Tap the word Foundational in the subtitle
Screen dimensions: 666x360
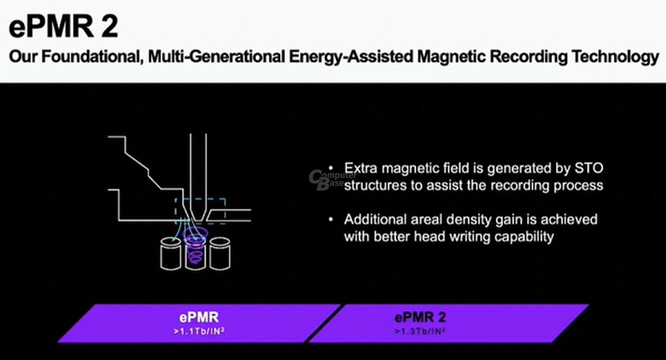point(90,56)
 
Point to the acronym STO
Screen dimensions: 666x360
point(589,168)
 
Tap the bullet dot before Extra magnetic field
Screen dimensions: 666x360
point(331,169)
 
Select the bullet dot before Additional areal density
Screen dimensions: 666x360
point(331,220)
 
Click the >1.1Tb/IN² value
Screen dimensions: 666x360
point(199,331)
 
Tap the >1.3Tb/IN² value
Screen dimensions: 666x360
point(420,331)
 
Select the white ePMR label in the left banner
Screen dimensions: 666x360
point(199,317)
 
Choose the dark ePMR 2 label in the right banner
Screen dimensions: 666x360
point(420,318)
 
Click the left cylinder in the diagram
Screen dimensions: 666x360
point(171,254)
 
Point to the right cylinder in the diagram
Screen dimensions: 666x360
point(220,254)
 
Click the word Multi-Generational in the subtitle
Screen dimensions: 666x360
point(217,56)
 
